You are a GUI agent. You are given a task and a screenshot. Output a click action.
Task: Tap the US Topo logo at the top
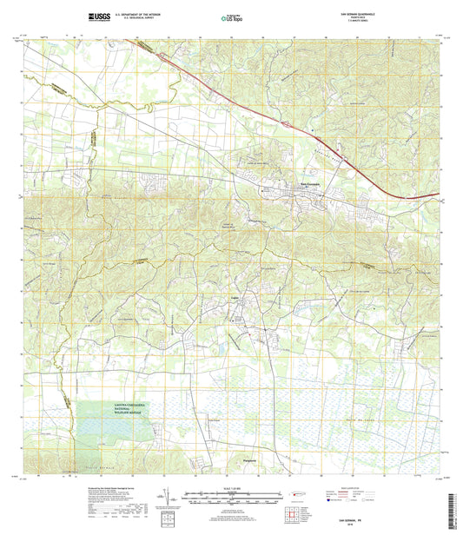click(x=231, y=17)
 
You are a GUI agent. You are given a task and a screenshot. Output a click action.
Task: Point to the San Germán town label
click(x=310, y=183)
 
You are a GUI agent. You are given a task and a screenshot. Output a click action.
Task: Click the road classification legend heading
click(x=358, y=491)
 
